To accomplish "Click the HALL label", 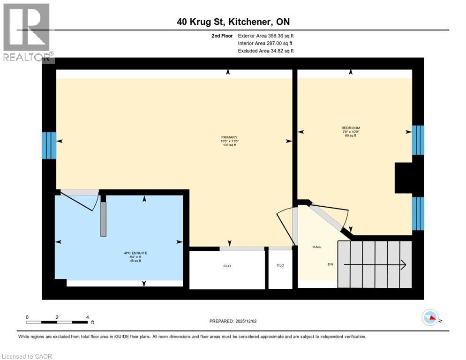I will point(317,247).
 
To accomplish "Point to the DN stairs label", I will point(330,264).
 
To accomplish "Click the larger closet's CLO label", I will point(227,266).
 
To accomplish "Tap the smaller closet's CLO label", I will point(280,265).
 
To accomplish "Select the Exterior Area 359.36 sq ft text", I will point(265,36).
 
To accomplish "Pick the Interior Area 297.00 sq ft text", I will point(265,43).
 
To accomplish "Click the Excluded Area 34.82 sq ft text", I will point(265,51).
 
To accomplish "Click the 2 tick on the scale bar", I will point(57,317).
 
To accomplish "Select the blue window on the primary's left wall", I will point(49,145).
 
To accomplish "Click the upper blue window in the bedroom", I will point(418,140).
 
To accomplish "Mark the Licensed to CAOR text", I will point(27,356).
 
